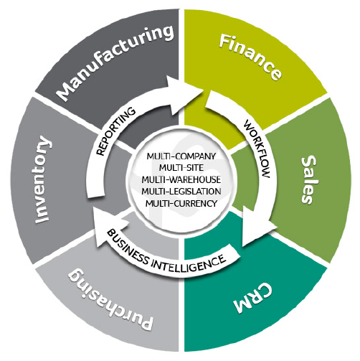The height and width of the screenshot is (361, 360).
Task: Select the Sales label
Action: tap(308, 180)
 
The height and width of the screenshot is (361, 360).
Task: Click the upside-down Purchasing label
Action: tap(110, 299)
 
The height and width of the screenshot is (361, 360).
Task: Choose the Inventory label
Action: tap(43, 179)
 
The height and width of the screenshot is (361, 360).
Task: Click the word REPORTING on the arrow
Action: tap(116, 131)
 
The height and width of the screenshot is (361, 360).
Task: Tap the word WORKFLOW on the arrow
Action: tap(257, 149)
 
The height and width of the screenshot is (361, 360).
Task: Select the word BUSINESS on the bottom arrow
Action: tap(128, 247)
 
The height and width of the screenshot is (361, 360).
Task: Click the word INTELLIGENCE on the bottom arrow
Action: tap(189, 263)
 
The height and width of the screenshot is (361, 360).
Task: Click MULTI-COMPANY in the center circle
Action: tap(181, 156)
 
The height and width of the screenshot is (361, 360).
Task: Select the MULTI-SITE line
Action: tap(181, 167)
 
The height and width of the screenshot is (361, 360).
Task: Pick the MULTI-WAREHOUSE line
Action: tap(181, 179)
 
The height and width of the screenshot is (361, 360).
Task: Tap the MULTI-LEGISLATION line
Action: tap(181, 192)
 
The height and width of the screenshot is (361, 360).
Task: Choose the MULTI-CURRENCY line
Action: tap(181, 203)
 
